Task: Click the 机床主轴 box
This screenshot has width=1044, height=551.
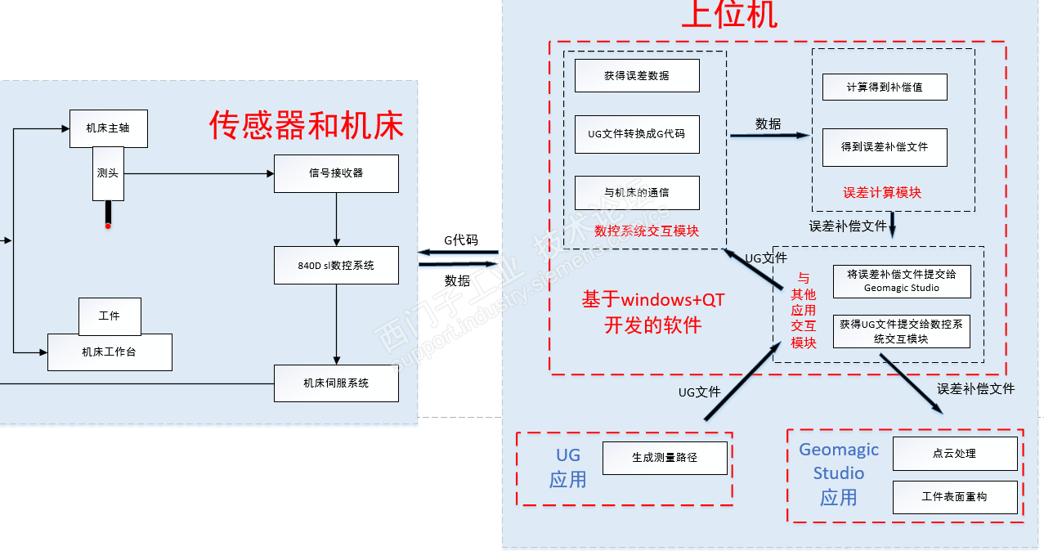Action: pyautogui.click(x=108, y=128)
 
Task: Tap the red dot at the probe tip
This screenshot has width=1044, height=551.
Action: pyautogui.click(x=108, y=226)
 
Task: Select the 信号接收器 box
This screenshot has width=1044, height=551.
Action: pyautogui.click(x=336, y=173)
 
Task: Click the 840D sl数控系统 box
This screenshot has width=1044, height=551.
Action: pyautogui.click(x=336, y=266)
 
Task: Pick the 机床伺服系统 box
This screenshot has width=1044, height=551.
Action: pyautogui.click(x=336, y=383)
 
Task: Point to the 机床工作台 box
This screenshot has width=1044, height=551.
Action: pyautogui.click(x=110, y=352)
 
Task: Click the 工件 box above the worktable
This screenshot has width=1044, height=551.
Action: pyautogui.click(x=110, y=316)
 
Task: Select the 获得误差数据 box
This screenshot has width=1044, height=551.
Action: pyautogui.click(x=637, y=75)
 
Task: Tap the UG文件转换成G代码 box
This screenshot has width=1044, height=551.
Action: pyautogui.click(x=637, y=134)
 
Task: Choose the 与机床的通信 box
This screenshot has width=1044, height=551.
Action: pyautogui.click(x=637, y=193)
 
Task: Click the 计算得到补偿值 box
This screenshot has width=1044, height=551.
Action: pyautogui.click(x=885, y=87)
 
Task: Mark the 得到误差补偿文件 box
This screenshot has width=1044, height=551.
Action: pyautogui.click(x=885, y=147)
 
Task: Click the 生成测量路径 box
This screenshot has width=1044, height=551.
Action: pyautogui.click(x=665, y=458)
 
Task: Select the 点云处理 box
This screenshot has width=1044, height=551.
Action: pyautogui.click(x=955, y=454)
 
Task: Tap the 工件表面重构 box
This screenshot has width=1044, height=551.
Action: pyautogui.click(x=955, y=497)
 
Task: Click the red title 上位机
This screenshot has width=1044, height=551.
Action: pyautogui.click(x=729, y=15)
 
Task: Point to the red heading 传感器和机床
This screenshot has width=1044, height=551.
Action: pyautogui.click(x=307, y=126)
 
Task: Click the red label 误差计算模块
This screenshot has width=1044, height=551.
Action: pyautogui.click(x=882, y=193)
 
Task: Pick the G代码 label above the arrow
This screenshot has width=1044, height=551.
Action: pyautogui.click(x=460, y=240)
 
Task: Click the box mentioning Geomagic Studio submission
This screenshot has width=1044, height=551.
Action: pyautogui.click(x=901, y=282)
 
